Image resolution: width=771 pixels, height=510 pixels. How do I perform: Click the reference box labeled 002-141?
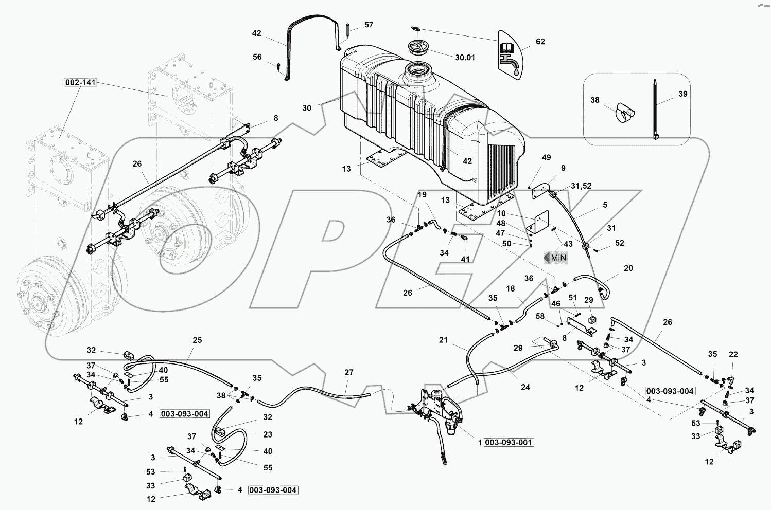click(81, 82)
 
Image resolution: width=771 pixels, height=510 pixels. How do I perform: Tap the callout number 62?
click(540, 42)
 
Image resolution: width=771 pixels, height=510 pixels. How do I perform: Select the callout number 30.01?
click(464, 58)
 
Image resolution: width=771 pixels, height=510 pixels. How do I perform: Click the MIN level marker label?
click(556, 258)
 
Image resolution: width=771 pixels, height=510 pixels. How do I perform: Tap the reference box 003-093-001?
click(509, 443)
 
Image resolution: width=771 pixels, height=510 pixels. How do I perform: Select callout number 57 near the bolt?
click(369, 25)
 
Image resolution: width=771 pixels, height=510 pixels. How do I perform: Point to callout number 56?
click(257, 58)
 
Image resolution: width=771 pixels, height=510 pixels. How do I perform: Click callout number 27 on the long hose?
click(349, 372)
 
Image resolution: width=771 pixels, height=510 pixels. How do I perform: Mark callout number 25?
click(197, 340)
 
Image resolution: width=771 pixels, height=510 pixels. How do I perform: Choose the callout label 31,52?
click(581, 186)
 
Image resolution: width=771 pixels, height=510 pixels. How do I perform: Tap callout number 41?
click(465, 260)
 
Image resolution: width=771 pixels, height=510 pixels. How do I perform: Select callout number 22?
click(733, 355)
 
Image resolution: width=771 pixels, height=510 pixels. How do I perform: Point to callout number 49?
click(546, 157)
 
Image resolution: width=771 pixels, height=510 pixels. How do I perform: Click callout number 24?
click(525, 387)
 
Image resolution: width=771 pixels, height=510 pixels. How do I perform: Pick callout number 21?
click(444, 340)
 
